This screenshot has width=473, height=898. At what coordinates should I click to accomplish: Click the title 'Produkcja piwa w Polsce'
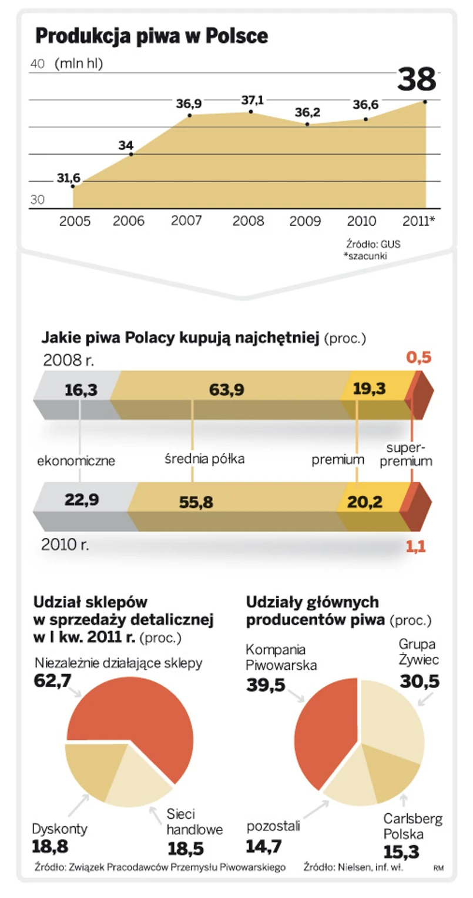coord(152,36)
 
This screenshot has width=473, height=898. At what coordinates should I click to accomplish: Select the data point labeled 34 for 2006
coord(131,154)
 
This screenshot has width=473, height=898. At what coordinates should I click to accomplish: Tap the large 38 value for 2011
coord(417,80)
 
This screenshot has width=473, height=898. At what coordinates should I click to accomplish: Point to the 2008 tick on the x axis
coord(249,221)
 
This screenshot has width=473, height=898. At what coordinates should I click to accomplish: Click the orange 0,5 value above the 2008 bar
coord(419,358)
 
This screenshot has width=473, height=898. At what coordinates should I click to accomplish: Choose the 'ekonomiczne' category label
coord(76,461)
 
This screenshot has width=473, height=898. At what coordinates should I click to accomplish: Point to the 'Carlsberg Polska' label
coord(412,826)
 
